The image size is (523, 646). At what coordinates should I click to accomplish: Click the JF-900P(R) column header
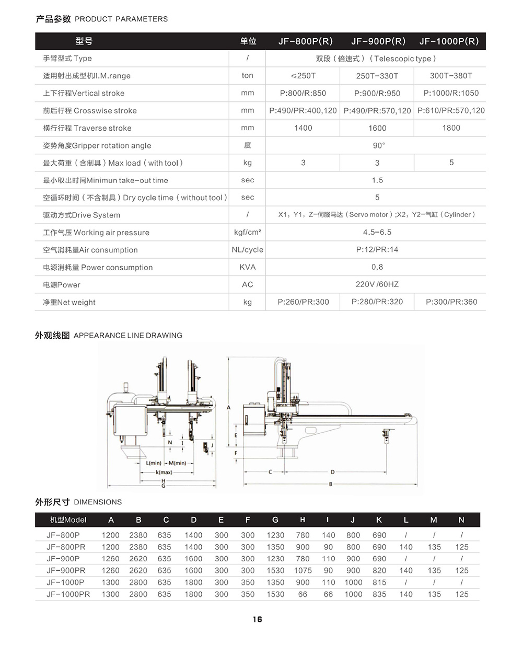point(378,41)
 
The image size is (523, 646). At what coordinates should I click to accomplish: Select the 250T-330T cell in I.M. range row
point(377,76)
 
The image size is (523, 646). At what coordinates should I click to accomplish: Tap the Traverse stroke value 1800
point(451,128)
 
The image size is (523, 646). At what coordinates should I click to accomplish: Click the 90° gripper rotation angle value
point(378,145)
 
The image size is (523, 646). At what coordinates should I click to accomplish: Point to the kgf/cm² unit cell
point(247,233)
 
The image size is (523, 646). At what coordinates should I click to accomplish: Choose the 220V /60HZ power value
point(377,284)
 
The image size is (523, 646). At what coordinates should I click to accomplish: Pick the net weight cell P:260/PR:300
point(303,302)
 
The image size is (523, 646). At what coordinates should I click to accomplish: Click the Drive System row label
point(82,215)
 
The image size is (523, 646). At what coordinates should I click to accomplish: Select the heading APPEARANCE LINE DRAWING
point(128,336)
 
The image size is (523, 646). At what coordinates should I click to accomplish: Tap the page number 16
point(257,619)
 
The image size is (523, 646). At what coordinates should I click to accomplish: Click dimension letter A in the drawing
point(228,407)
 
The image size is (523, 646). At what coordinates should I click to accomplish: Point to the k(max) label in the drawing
point(164,472)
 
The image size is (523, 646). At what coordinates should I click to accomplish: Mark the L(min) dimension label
point(154,463)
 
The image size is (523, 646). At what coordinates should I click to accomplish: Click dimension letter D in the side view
point(332,472)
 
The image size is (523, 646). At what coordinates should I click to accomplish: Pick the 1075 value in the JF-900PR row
point(303,570)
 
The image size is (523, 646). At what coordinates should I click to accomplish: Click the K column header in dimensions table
point(379,520)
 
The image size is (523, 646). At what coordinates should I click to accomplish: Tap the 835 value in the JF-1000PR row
point(379,594)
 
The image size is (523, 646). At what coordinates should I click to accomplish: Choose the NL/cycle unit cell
point(247,250)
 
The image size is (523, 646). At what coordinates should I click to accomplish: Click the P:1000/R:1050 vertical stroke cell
point(451,94)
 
